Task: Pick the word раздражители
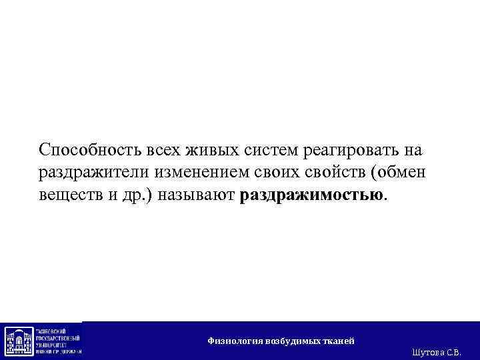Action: pos(94,173)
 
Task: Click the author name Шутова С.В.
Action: pos(437,351)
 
